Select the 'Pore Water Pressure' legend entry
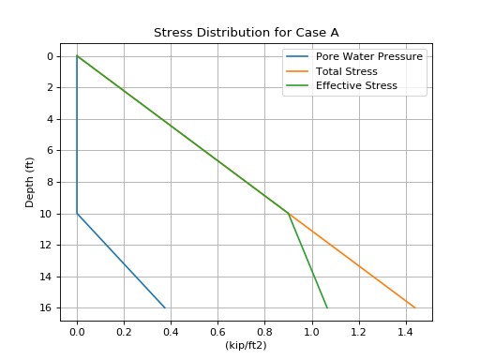pos(368,56)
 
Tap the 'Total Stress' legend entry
pos(347,71)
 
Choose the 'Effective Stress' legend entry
pos(356,85)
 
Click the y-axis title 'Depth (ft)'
pos(30,182)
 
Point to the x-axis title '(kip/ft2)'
pos(246,345)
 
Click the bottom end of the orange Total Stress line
pos(415,307)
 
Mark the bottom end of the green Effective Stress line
pos(327,307)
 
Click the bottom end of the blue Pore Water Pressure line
pos(165,307)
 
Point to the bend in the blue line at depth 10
pos(77,214)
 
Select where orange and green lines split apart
pos(288,213)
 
